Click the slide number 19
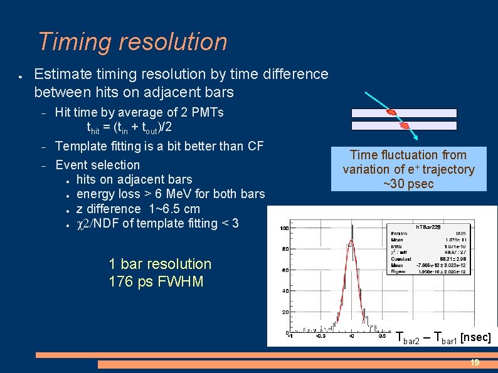475,363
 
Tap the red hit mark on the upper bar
392,113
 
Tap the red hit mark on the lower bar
405,125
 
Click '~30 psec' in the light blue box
408,184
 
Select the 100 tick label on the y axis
284,228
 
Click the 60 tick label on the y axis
285,270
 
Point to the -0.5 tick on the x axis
320,335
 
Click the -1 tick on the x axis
289,335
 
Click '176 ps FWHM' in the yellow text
156,281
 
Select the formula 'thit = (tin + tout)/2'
129,127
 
